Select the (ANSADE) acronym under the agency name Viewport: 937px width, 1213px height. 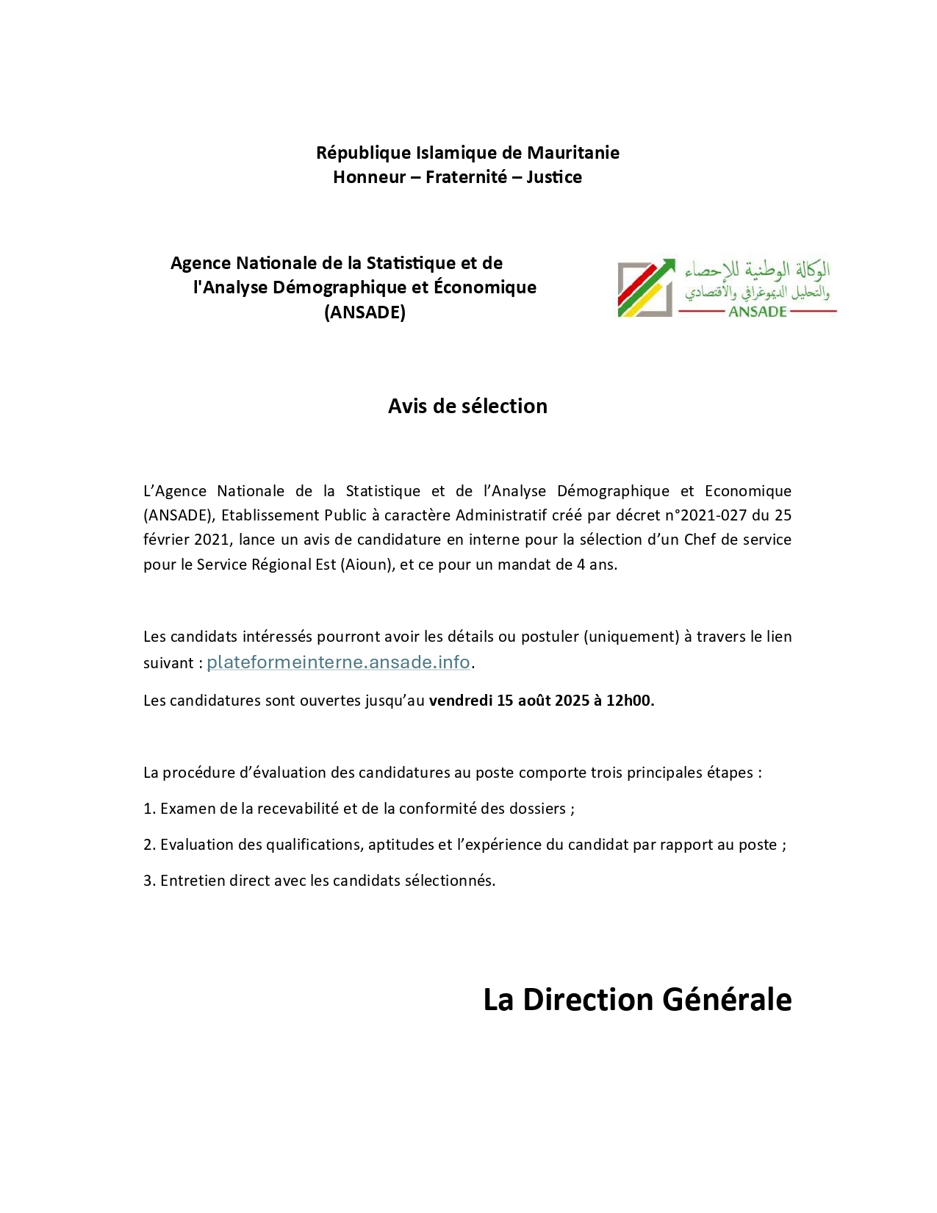365,312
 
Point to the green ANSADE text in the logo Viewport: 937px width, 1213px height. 758,312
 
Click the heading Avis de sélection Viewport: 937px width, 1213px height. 467,407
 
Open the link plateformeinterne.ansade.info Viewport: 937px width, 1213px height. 338,662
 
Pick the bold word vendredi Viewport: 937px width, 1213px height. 460,701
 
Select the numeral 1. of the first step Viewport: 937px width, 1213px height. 149,809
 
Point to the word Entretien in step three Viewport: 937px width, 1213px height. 192,881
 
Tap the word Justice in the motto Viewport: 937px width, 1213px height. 553,177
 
